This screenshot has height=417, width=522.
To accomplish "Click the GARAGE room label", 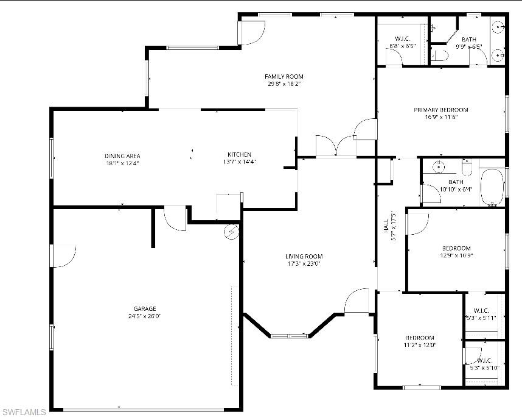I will tap(145, 308).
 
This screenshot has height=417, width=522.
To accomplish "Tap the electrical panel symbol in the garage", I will tap(232, 231).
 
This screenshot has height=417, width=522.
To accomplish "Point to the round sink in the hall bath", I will tap(437, 166).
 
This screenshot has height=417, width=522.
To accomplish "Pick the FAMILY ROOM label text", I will tap(284, 76).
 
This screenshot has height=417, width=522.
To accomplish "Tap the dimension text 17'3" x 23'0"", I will tap(304, 264).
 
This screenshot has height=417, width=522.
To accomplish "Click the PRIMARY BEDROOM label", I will tap(441, 110).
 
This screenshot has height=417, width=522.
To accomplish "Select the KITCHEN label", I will tap(239, 155).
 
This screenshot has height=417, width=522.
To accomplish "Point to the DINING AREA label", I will tap(122, 156).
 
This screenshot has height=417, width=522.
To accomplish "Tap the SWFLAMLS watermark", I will tap(24, 412).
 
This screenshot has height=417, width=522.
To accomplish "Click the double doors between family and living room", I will tap(336, 146).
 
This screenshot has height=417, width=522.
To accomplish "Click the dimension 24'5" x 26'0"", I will tap(145, 316).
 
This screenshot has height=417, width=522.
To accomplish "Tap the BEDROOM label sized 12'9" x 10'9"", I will tap(456, 248).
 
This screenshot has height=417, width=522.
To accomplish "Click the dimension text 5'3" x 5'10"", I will tap(484, 368).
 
